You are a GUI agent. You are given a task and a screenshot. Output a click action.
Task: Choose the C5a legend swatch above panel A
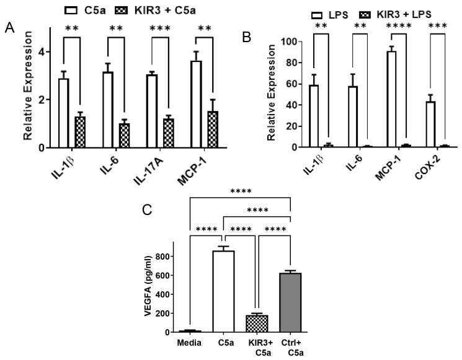pyautogui.click(x=91, y=11)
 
